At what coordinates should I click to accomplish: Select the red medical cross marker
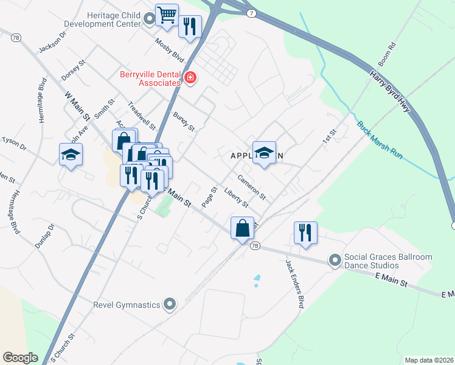[190, 78]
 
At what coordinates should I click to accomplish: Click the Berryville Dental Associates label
[150, 78]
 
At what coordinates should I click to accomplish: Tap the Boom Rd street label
[387, 54]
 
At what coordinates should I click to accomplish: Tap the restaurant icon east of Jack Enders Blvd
[305, 232]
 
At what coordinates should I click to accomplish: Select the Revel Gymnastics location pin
[170, 304]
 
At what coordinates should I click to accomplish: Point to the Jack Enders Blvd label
[294, 284]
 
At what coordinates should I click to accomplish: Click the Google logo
[21, 358]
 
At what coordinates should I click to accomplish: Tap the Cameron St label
[252, 187]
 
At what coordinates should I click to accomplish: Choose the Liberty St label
[237, 198]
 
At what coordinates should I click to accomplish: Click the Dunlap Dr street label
[45, 235]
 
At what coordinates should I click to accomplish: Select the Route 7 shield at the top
[251, 13]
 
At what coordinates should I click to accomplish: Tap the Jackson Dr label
[52, 42]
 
